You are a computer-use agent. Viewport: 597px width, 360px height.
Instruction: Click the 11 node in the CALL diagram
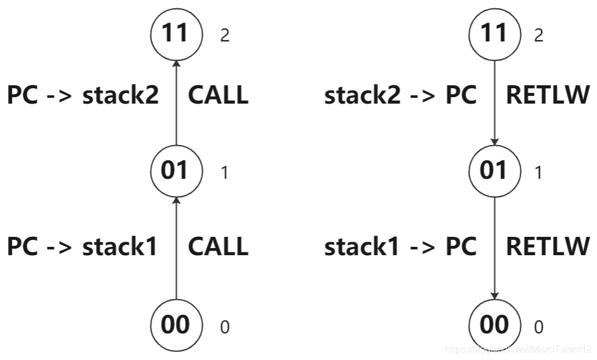point(176,33)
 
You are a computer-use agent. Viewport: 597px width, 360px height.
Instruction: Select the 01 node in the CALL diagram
point(176,171)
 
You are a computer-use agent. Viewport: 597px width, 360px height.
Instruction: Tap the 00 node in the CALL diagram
point(176,325)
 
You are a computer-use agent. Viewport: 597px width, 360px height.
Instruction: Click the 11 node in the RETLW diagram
point(494,33)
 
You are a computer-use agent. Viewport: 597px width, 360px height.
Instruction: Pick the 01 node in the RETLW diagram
point(494,171)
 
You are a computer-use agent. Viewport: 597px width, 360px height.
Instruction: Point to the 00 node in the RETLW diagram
point(494,325)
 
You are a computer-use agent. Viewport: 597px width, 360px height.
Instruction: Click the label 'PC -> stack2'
point(83,95)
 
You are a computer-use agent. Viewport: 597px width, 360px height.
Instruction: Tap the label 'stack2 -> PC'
point(400,95)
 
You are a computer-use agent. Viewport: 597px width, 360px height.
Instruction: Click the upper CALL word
point(218,95)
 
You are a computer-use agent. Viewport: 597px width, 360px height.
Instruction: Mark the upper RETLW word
point(548,95)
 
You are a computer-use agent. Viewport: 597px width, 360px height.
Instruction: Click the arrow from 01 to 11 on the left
point(176,101)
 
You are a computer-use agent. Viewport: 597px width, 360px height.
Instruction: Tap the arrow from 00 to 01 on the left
point(176,249)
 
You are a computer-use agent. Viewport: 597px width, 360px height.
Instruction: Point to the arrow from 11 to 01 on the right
point(494,101)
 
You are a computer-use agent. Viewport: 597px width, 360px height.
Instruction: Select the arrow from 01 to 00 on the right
point(494,249)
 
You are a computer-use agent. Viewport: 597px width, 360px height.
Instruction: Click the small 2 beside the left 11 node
point(224,36)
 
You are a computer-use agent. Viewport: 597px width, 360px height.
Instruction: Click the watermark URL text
point(518,350)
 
